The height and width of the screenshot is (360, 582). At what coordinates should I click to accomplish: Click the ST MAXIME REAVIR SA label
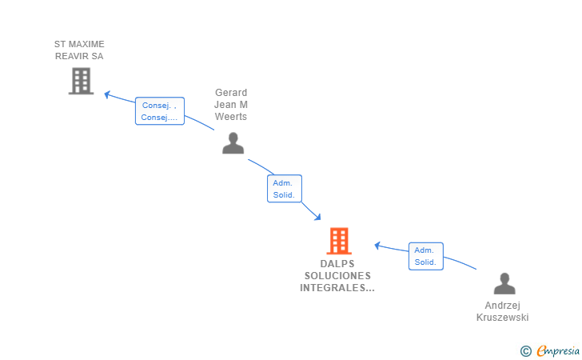(x=79, y=50)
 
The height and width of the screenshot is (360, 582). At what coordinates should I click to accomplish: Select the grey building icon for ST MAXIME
(x=81, y=81)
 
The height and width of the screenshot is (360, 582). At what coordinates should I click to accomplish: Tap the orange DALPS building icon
(x=339, y=241)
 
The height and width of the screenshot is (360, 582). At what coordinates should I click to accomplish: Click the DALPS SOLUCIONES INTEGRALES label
(x=337, y=276)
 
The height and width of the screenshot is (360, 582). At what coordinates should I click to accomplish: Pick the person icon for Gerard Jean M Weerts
(x=233, y=143)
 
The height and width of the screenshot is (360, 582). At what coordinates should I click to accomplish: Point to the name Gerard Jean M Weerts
(x=231, y=105)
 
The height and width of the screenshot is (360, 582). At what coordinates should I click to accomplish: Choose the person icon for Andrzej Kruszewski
(x=504, y=284)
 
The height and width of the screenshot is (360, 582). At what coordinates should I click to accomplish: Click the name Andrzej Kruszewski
(x=502, y=311)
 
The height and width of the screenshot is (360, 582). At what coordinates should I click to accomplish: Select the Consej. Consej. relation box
(x=160, y=111)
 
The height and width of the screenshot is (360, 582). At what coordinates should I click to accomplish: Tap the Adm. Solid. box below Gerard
(x=284, y=189)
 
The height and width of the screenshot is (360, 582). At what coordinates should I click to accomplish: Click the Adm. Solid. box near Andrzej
(x=425, y=256)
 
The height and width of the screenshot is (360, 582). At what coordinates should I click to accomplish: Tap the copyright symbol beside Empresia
(x=525, y=350)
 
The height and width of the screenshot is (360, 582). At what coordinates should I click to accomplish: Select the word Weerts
(x=231, y=117)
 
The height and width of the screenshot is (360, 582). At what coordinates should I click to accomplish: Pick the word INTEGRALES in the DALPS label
(x=337, y=288)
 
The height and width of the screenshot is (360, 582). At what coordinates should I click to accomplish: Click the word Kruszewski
(x=502, y=318)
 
